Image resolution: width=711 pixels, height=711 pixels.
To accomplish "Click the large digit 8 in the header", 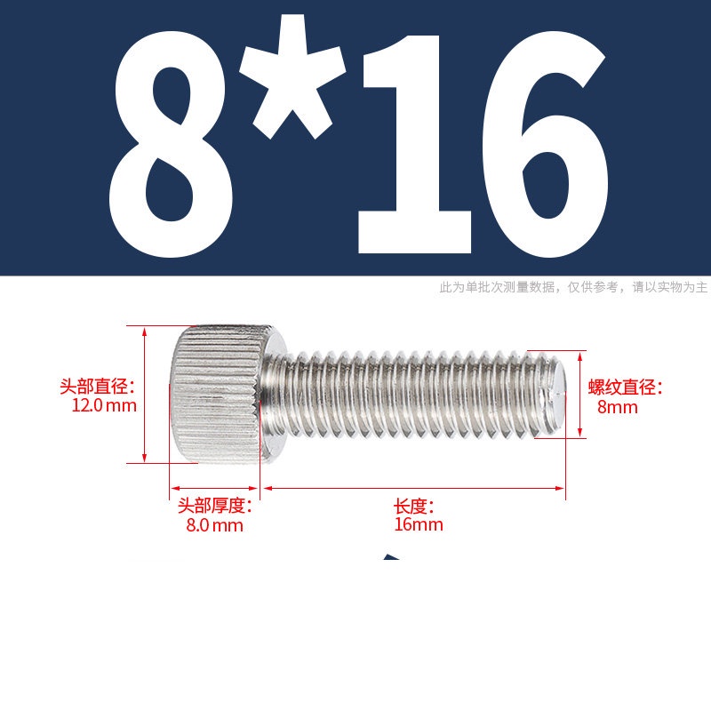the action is [171, 144].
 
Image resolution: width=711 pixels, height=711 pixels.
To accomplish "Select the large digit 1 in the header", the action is [414, 144].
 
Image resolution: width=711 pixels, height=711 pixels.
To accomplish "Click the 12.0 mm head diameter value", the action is [104, 405].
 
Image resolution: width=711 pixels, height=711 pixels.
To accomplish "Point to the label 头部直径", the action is [98, 387].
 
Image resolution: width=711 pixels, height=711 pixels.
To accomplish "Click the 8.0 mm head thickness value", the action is [214, 525].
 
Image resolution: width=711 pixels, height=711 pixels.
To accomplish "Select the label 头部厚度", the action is [214, 506].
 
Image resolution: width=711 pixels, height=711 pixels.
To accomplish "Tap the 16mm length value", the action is [419, 524].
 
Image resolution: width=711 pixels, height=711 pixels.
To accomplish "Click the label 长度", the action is [413, 506].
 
